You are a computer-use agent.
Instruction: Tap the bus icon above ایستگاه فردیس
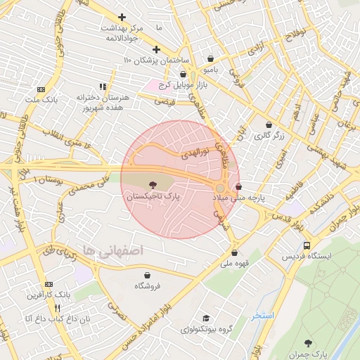[307, 245]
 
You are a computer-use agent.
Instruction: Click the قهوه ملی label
[233, 264]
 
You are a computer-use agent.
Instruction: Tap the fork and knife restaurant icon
[58, 308]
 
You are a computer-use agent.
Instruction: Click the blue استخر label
[264, 316]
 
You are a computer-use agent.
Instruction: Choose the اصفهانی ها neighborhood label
[122, 250]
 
